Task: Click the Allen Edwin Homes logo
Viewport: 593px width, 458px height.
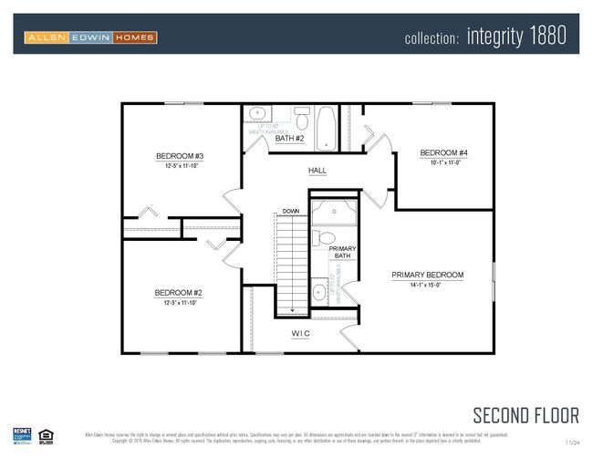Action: (90, 37)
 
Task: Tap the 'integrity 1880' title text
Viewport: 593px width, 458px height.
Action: (516, 36)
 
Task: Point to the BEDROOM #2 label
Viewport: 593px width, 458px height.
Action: (178, 293)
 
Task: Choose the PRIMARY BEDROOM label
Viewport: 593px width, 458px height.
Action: (428, 275)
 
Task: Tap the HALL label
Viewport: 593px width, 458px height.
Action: (317, 171)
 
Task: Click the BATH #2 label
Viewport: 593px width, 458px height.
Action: (289, 139)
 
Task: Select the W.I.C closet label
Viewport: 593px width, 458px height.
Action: (300, 334)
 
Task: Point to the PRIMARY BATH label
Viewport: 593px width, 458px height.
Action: (342, 252)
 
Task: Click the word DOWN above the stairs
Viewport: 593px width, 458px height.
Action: (290, 211)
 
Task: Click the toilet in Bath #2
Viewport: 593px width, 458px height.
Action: (302, 118)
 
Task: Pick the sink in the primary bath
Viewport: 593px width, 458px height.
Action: (319, 293)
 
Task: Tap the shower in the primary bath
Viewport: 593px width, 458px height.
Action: (333, 213)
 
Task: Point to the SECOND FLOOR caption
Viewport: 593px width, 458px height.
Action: (525, 415)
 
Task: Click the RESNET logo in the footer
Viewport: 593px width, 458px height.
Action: (21, 436)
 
